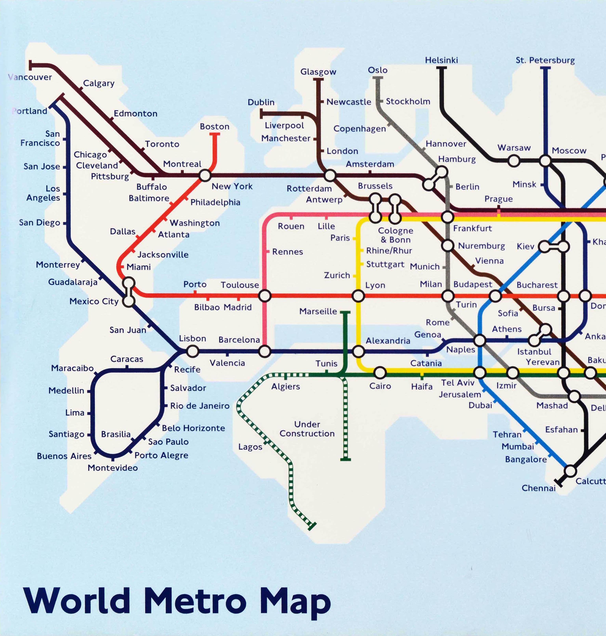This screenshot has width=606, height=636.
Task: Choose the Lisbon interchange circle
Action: [192, 351]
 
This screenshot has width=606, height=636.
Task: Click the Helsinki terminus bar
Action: [441, 68]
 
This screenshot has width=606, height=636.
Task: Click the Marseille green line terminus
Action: [345, 312]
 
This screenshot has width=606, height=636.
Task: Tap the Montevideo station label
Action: [113, 468]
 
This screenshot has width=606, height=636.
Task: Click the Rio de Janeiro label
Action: [200, 406]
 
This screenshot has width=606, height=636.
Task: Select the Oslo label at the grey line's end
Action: [378, 70]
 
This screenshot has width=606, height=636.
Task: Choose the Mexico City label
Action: [94, 301]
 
